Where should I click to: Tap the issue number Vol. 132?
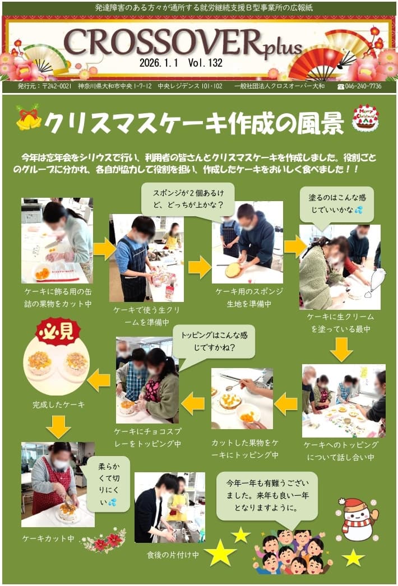[x=205, y=62]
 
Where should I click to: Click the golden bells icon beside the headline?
[x=29, y=117]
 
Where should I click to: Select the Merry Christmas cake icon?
[x=365, y=118]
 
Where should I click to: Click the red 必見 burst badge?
[x=58, y=331]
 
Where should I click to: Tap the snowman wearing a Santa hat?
[x=357, y=519]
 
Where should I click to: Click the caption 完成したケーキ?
[x=58, y=404]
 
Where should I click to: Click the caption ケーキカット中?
[x=48, y=538]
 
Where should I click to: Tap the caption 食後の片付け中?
[x=173, y=555]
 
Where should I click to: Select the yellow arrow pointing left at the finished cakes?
[x=99, y=380]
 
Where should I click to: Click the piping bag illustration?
[x=375, y=283]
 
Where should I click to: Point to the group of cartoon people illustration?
[x=293, y=552]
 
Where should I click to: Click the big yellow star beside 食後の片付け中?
[x=220, y=553]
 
